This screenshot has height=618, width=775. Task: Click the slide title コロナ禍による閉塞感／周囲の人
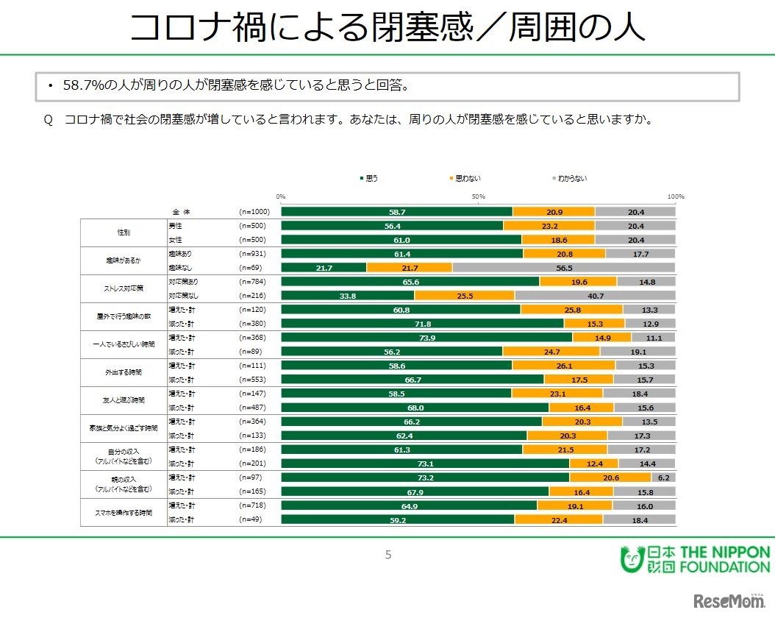(x=387, y=28)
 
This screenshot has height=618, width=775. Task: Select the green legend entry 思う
(x=370, y=178)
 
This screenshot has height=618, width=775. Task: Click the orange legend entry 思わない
(x=465, y=178)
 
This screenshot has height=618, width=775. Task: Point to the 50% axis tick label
(x=478, y=196)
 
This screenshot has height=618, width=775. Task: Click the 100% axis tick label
(x=676, y=196)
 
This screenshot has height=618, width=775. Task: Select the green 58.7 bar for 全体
(x=397, y=212)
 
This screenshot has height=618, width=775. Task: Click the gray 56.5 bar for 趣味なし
(x=564, y=268)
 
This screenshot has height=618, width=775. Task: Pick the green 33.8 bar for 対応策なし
(x=348, y=296)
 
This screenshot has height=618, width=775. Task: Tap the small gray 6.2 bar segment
(x=663, y=477)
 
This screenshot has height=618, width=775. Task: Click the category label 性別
(x=124, y=232)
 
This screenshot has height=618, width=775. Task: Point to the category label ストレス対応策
(x=124, y=288)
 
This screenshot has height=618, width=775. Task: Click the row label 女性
(x=176, y=240)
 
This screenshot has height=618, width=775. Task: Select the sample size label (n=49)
(x=251, y=519)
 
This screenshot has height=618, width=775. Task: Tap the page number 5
(x=388, y=555)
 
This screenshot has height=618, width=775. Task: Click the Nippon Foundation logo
(x=696, y=559)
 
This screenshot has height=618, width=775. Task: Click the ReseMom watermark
(x=728, y=600)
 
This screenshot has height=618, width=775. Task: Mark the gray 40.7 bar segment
(x=595, y=296)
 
